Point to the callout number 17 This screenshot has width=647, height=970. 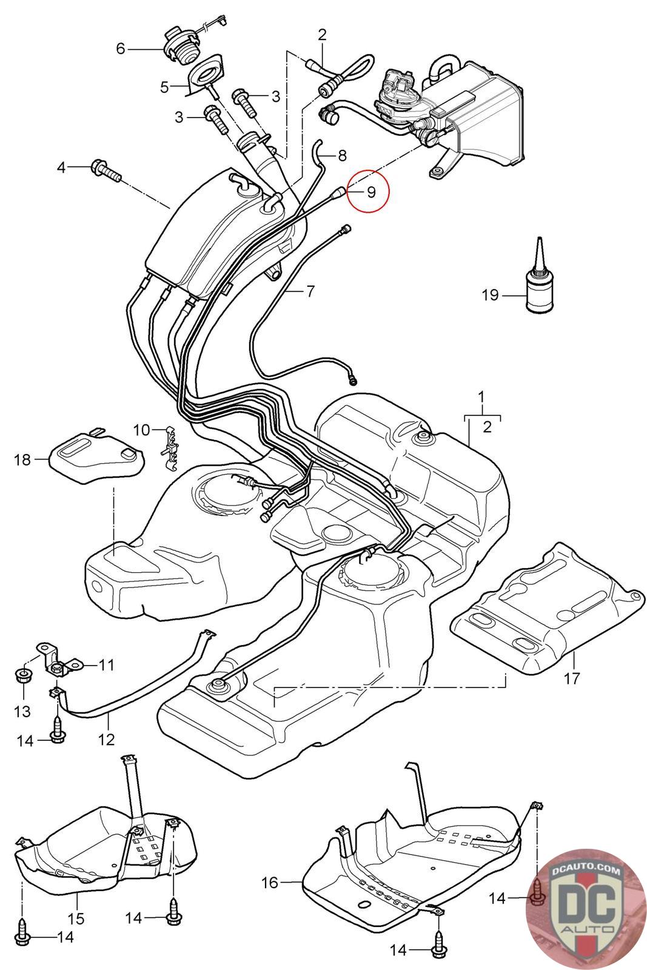click(572, 677)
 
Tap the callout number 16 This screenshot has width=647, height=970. click(270, 882)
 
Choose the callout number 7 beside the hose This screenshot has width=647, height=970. click(310, 291)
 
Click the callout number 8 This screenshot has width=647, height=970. click(342, 156)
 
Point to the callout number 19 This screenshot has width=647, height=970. click(490, 295)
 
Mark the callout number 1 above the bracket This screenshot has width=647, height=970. click(481, 398)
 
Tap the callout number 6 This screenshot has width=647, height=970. click(120, 48)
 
